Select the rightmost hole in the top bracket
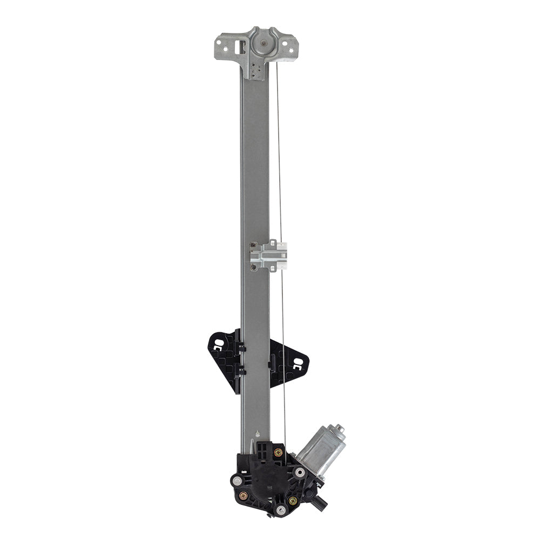pyautogui.click(x=292, y=51)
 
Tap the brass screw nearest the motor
pyautogui.click(x=278, y=453)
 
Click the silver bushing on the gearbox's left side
pyautogui.click(x=236, y=479)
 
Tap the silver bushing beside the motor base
pyautogui.click(x=299, y=473)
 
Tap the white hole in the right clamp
pyautogui.click(x=297, y=363)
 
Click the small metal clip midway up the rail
pyautogui.click(x=268, y=255)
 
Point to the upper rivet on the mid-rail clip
pyautogui.click(x=253, y=246)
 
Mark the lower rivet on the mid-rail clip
pyautogui.click(x=253, y=264)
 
